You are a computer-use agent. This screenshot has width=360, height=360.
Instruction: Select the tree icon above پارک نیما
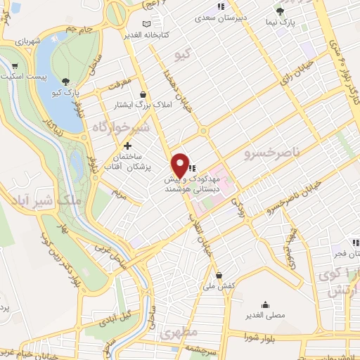(x=280, y=11)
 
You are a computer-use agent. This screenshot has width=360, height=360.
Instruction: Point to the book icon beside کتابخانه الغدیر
(x=146, y=25)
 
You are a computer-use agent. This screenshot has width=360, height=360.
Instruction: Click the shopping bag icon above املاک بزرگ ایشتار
(x=143, y=94)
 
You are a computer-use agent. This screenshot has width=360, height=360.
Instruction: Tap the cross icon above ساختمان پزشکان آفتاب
(x=127, y=146)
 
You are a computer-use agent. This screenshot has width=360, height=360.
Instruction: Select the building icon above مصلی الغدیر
(x=265, y=304)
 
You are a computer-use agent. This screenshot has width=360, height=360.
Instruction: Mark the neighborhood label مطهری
(x=179, y=331)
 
